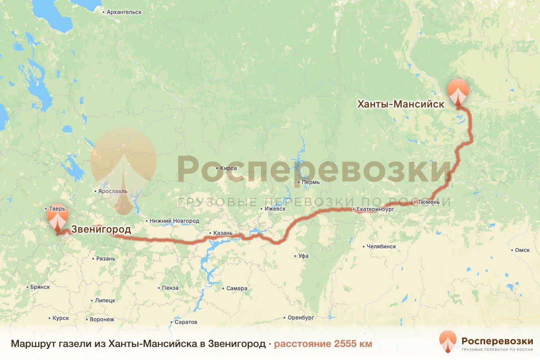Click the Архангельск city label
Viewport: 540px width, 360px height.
tap(124, 12)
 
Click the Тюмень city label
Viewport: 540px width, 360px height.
tap(426, 202)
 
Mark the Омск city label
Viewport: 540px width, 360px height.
tap(522, 250)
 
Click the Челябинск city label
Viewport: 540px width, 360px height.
tap(381, 247)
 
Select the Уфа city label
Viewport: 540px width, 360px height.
tap(303, 256)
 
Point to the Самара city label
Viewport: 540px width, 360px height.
tap(237, 288)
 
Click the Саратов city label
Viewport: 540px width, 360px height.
tap(185, 322)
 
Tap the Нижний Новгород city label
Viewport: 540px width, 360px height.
tap(175, 221)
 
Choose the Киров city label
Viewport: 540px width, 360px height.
tap(229, 168)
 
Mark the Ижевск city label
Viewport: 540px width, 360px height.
tap(275, 209)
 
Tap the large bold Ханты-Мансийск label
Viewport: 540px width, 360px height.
tap(400, 104)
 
